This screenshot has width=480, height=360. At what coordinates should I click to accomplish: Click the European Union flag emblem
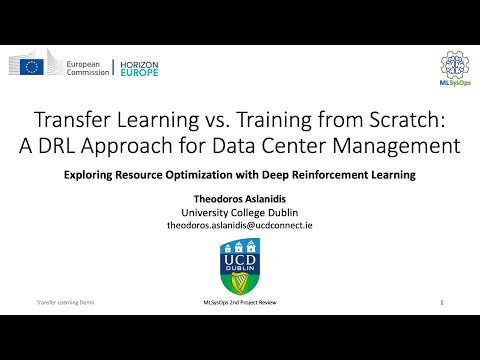32,67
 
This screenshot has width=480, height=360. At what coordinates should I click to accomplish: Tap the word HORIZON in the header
139,62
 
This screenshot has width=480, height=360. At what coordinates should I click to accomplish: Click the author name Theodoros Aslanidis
239,198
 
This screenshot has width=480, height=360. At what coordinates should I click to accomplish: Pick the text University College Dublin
239,212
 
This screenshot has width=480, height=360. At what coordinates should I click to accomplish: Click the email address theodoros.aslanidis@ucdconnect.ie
239,227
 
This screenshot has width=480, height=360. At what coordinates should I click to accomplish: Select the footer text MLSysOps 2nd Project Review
239,302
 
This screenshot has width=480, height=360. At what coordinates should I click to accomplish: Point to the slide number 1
441,302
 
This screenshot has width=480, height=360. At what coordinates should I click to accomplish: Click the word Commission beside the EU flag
88,73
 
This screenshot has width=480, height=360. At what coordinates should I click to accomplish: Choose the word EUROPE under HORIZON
138,73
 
